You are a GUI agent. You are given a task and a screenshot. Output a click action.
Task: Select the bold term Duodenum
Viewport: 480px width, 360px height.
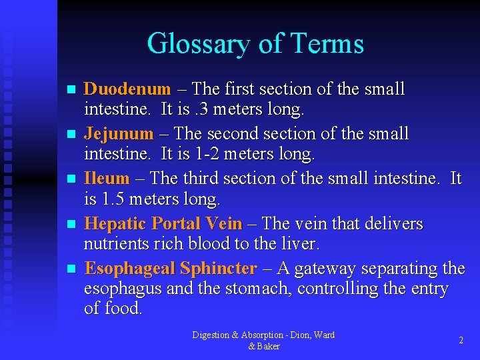point(127,89)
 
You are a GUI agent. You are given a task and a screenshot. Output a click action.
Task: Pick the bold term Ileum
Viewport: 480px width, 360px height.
point(107,179)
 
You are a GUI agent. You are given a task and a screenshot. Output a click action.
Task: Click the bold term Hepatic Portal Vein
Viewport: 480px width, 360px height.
point(164,224)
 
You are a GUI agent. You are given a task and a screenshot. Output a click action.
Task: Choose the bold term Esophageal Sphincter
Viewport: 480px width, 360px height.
point(171,269)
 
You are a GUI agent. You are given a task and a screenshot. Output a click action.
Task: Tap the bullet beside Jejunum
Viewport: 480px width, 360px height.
point(73,135)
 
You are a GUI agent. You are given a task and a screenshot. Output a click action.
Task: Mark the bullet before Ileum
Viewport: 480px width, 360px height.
point(73,179)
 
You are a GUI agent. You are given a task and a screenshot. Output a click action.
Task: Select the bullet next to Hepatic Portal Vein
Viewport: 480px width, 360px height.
point(73,225)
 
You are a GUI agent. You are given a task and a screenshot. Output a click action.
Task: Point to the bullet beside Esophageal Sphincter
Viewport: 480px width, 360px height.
point(73,269)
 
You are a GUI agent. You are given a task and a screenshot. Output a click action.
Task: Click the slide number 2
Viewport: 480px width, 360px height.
point(461,340)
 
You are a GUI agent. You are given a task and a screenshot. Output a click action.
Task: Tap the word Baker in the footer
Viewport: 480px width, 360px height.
point(268,346)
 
